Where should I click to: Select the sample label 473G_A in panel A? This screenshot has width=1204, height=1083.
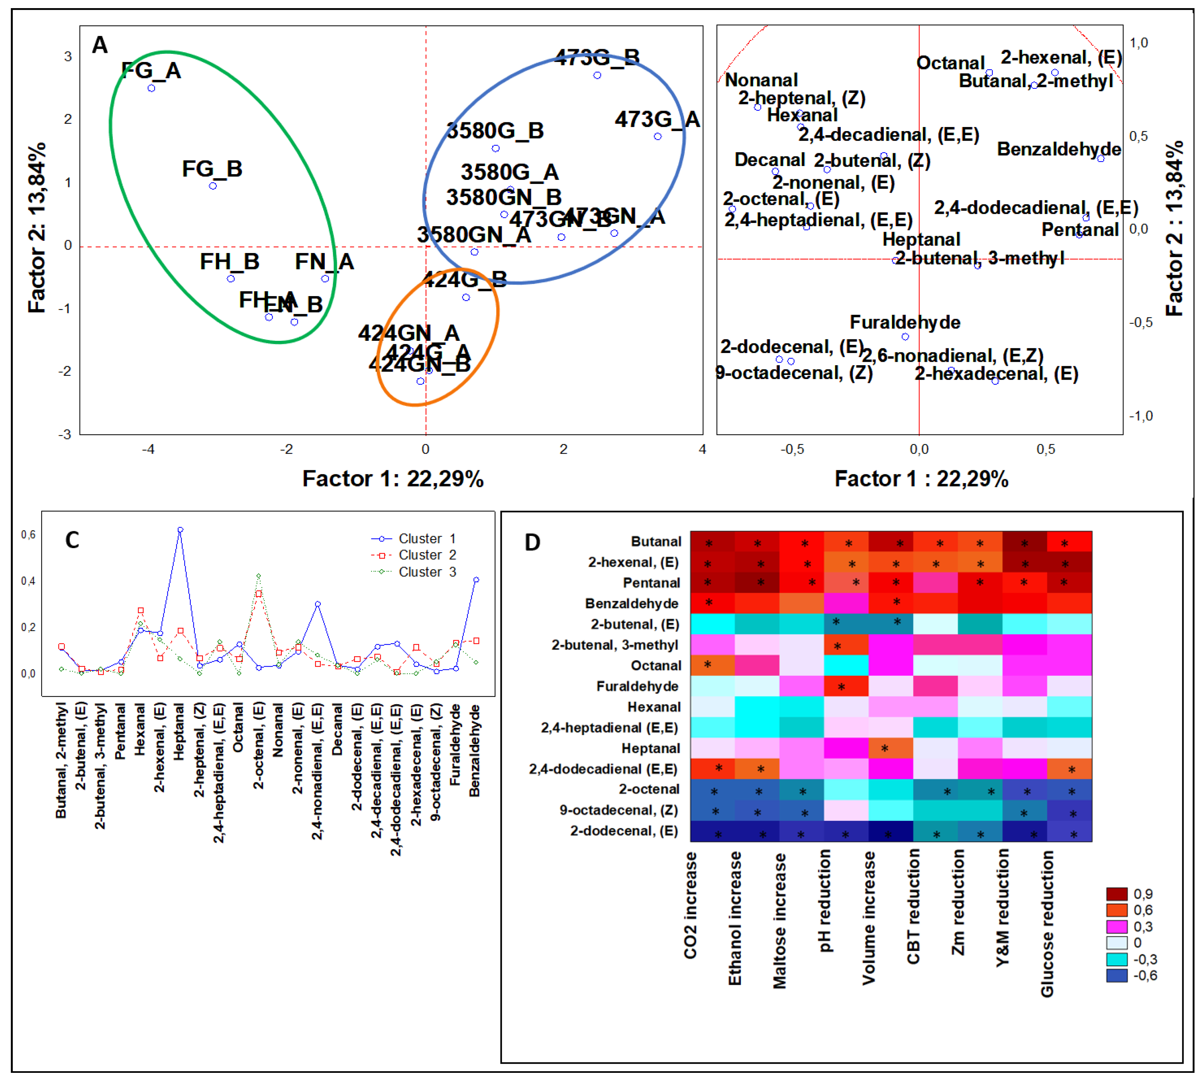[657, 120]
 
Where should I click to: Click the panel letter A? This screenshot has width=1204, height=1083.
[99, 45]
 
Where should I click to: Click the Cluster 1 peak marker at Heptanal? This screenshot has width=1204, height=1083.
[180, 529]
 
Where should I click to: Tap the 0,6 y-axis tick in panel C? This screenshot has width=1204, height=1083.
[28, 534]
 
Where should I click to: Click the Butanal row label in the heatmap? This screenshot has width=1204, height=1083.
[656, 541]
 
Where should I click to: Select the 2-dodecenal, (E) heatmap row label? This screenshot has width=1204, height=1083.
[624, 831]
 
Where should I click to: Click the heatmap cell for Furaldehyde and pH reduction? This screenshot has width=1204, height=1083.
[846, 686]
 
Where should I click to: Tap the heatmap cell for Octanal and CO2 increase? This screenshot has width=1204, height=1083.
[712, 665]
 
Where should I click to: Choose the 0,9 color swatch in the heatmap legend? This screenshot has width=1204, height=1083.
[1117, 894]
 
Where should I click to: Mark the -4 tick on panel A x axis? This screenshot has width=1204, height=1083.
[148, 449]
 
